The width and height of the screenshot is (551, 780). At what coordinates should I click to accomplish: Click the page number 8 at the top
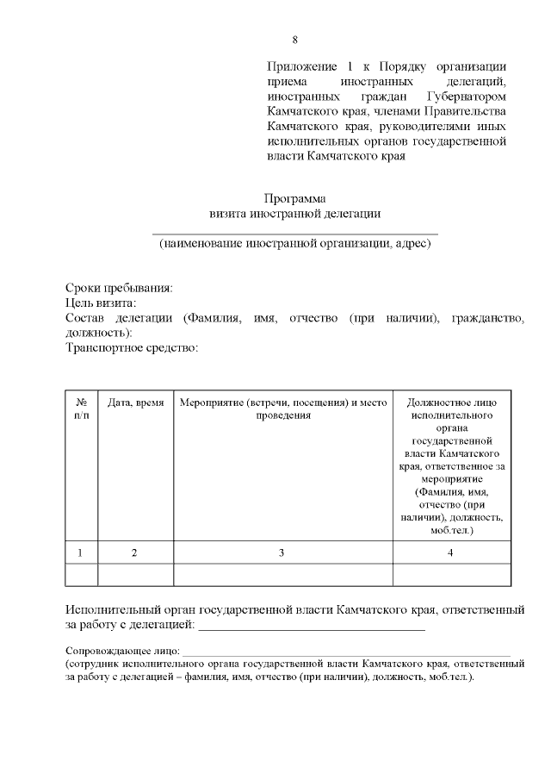click(295, 40)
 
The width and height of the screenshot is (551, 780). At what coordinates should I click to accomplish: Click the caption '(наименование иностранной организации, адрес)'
click(294, 244)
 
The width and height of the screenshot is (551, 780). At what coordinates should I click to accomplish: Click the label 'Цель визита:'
click(102, 303)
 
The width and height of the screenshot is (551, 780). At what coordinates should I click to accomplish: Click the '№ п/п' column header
click(82, 409)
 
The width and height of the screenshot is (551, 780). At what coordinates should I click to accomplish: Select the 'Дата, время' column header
click(135, 402)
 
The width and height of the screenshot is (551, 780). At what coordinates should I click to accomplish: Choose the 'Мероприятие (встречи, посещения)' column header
click(283, 409)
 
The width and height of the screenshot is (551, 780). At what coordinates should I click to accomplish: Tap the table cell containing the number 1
click(82, 552)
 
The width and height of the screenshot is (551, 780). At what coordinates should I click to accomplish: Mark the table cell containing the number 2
click(135, 552)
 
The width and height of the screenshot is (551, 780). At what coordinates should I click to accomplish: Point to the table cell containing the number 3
click(282, 552)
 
